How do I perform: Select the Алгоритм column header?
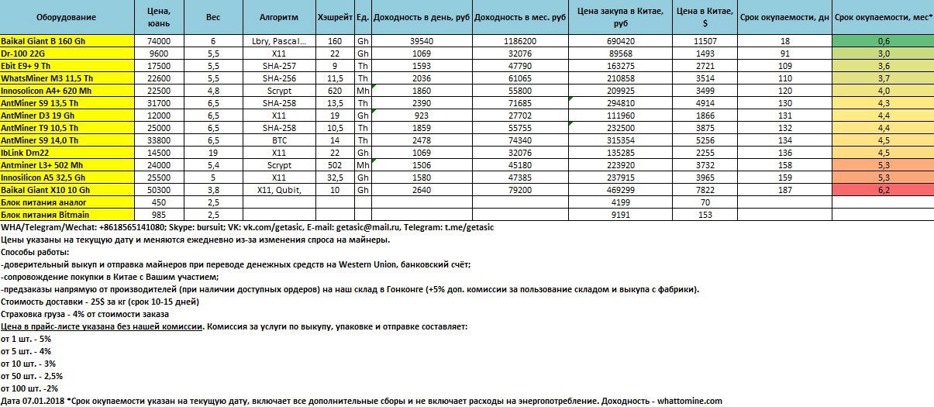point(279,16)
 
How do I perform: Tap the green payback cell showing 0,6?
point(883,40)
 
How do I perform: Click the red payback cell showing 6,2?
point(883,189)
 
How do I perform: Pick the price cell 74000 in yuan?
point(157,40)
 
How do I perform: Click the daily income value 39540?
point(421,40)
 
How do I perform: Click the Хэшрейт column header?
point(335,16)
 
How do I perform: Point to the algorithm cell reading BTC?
point(279,140)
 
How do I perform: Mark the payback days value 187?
point(784,189)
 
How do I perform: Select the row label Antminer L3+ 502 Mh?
point(47,164)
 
